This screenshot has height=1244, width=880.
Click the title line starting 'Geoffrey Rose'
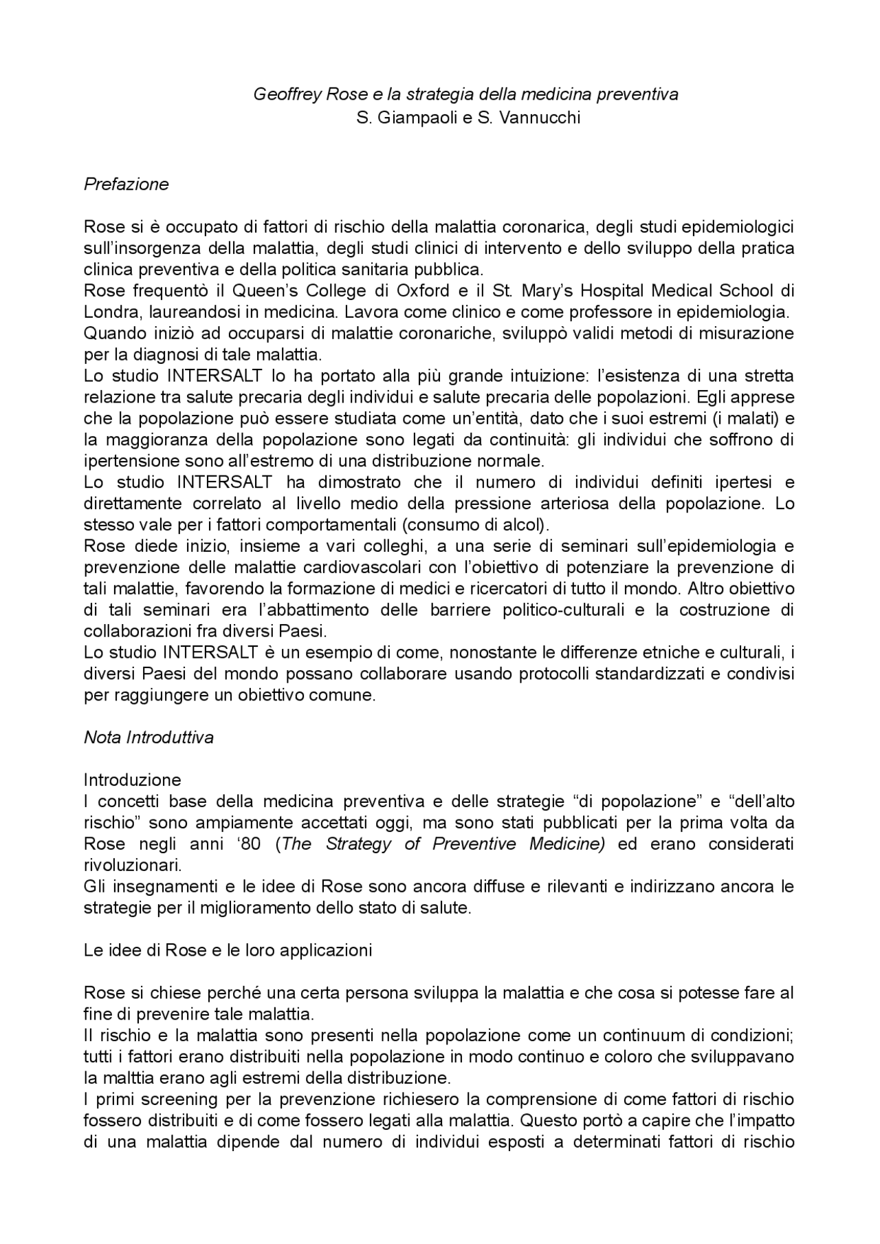tap(465, 94)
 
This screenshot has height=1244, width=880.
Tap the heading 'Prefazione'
tap(126, 184)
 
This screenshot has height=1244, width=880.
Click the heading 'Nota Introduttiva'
tap(148, 738)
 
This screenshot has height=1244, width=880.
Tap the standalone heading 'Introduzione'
tap(133, 780)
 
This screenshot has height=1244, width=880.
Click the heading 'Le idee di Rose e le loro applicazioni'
tap(228, 950)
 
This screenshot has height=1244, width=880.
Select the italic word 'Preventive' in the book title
tap(474, 844)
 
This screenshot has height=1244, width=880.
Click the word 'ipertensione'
tap(129, 460)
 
